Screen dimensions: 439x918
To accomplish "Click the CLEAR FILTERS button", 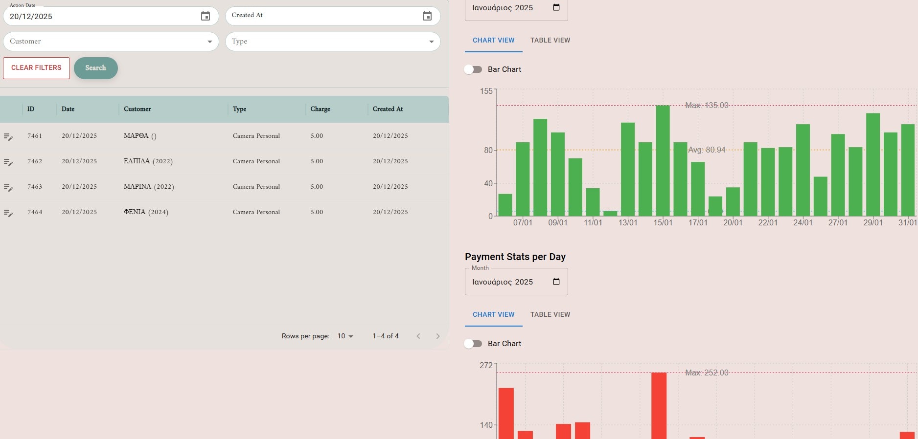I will click(36, 68).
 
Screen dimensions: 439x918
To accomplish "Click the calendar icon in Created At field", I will click(427, 16).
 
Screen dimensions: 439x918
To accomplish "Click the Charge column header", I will click(320, 109).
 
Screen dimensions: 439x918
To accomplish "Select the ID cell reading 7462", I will click(35, 161).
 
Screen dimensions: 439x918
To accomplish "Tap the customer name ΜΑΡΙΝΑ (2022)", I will click(149, 187).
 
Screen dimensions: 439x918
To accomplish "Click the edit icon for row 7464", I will click(8, 213).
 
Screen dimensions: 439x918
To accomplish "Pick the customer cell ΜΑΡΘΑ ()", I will click(140, 136).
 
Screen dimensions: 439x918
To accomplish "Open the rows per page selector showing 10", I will click(345, 336).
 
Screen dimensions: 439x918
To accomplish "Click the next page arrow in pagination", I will click(438, 336).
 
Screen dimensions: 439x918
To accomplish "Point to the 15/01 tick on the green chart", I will click(663, 222).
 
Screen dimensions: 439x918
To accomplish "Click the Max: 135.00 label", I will click(706, 105).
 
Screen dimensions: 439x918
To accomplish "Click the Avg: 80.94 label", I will click(706, 150).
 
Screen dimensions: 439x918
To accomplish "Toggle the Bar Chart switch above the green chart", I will click(473, 69).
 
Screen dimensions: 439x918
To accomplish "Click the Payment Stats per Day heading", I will click(515, 257).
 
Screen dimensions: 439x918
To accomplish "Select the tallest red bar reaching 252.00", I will click(659, 405).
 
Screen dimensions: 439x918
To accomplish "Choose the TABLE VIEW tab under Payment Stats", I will click(550, 314).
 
